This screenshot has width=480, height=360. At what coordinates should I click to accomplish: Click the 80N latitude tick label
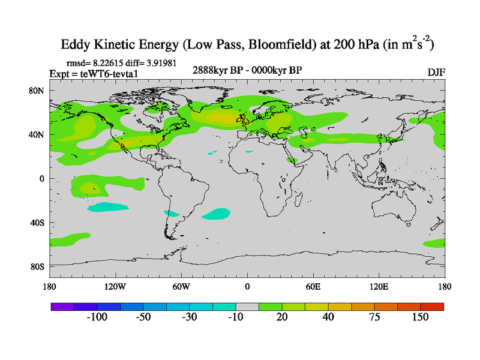[37, 91]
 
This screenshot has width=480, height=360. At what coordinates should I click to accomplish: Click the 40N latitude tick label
[37, 134]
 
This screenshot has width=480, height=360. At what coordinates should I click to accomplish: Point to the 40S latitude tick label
[37, 223]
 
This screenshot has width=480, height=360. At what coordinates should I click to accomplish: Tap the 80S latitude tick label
[37, 266]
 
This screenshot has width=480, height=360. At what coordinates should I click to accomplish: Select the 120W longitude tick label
[115, 286]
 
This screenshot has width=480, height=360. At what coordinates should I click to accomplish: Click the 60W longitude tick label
[181, 286]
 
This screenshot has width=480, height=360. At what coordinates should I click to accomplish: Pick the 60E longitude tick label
[313, 286]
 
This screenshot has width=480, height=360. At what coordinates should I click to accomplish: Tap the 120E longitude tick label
[379, 286]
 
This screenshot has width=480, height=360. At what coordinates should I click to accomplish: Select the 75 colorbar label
[374, 317]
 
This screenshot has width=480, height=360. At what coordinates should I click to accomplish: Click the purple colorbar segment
[62, 307]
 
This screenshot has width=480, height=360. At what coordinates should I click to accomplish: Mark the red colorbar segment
[432, 307]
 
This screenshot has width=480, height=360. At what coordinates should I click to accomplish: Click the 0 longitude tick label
[247, 286]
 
